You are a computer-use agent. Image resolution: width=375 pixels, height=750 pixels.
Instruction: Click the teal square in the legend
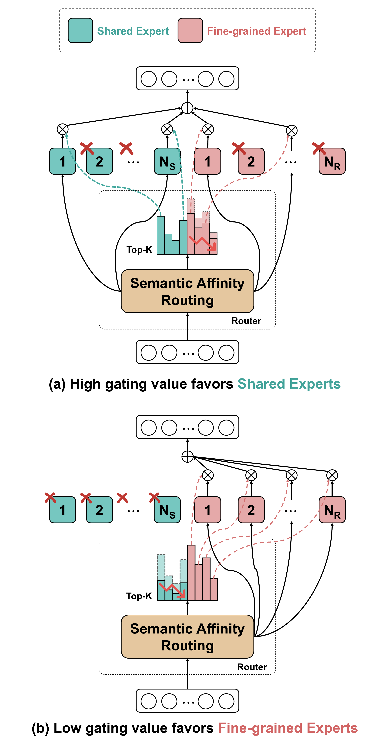tap(80, 31)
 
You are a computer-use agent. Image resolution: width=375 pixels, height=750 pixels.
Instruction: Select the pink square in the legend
tap(190, 31)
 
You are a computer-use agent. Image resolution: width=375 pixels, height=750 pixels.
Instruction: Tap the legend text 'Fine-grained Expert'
tap(257, 31)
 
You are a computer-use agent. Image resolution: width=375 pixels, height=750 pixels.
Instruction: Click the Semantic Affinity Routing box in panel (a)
tap(187, 291)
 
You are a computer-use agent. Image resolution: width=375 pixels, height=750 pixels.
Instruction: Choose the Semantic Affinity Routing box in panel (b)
tap(187, 637)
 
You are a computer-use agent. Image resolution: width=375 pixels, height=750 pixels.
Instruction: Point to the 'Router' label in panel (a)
tap(246, 321)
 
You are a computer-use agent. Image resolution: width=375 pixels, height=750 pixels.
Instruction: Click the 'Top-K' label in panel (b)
tap(139, 596)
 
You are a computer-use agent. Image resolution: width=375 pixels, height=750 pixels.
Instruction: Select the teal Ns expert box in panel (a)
tap(167, 161)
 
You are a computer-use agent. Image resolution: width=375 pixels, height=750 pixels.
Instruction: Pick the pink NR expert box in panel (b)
tap(332, 510)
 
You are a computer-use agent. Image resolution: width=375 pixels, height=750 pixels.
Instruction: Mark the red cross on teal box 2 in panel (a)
tap(87, 148)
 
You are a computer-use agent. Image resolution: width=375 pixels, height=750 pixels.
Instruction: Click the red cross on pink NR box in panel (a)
tap(319, 148)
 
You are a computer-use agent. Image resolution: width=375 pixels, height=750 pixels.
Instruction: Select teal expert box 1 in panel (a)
tap(63, 161)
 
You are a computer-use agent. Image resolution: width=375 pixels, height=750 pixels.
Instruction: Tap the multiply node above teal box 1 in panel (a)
tap(63, 130)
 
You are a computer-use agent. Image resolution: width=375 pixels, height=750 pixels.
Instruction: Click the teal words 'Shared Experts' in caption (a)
tap(289, 384)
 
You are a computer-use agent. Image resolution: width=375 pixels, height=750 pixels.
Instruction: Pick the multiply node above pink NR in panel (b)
tap(332, 475)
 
